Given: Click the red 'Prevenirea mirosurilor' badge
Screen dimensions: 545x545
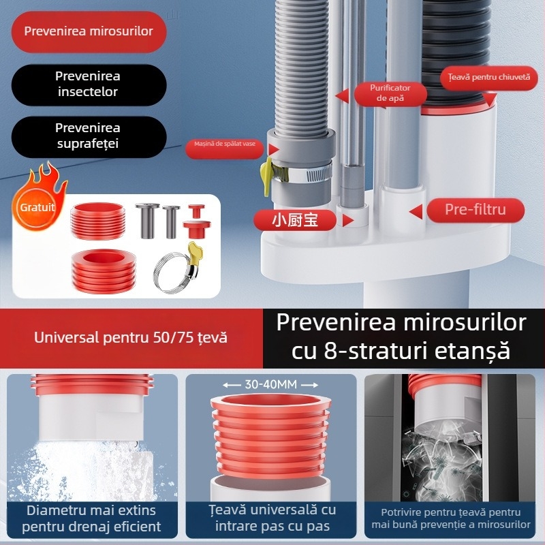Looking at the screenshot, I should coord(89,31).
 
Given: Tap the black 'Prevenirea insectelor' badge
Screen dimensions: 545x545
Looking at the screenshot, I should coord(89,84).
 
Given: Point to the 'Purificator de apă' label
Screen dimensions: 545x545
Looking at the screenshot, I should coord(390,93).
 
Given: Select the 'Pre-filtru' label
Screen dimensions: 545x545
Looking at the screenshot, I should coord(476,210).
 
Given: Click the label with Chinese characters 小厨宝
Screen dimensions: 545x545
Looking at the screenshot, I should coord(294,219).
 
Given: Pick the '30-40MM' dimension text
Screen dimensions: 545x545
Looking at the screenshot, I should coord(271,385).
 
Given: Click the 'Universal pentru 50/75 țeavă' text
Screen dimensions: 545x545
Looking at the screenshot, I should coord(131,337).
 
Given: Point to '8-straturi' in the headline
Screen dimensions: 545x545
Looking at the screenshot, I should coord(362,351).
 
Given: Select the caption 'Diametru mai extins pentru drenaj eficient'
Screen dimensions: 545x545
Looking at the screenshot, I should coord(91,518).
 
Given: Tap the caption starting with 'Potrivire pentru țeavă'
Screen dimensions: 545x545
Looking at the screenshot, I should coord(451,518).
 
